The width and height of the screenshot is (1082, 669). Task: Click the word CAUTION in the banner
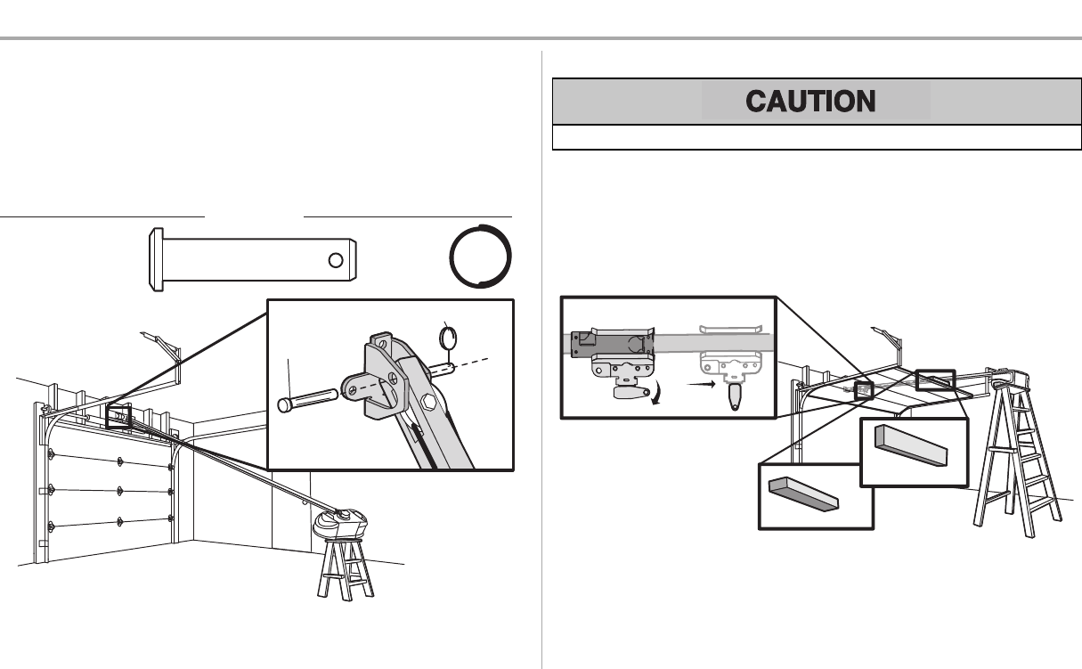(x=816, y=101)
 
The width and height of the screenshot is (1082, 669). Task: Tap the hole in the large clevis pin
(x=335, y=260)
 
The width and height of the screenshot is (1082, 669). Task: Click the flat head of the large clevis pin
(x=153, y=260)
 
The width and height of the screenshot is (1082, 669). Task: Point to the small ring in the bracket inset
(x=450, y=337)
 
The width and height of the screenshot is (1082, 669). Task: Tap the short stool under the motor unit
(x=344, y=567)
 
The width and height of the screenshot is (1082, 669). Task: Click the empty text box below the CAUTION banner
(x=816, y=137)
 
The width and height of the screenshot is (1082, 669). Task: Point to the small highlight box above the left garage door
(x=118, y=416)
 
